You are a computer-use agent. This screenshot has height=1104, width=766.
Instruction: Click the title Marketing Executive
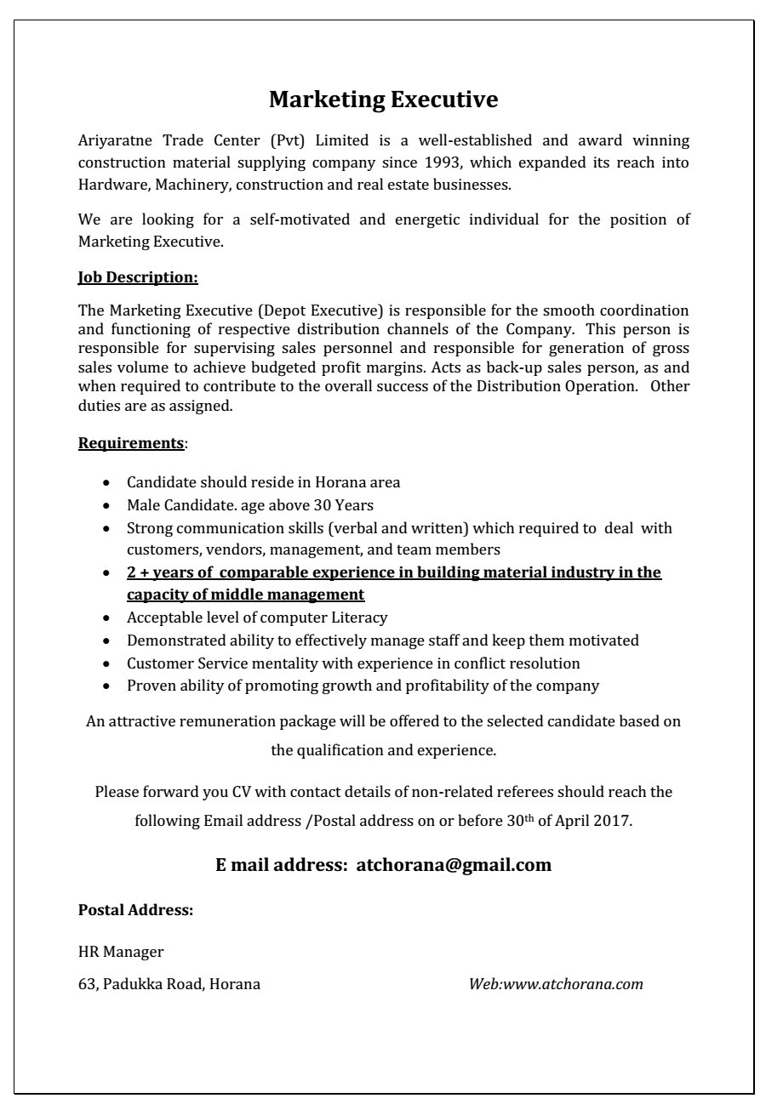click(x=383, y=100)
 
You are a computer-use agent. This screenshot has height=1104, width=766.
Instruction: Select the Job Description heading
click(x=138, y=277)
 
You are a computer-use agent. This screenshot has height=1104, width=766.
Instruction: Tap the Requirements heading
click(x=131, y=443)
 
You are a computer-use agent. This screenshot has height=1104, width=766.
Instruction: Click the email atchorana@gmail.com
click(x=454, y=865)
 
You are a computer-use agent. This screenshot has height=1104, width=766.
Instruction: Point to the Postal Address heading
click(x=136, y=910)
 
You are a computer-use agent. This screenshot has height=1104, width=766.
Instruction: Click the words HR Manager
click(x=121, y=952)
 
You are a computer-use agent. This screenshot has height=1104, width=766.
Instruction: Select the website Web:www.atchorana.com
click(x=556, y=984)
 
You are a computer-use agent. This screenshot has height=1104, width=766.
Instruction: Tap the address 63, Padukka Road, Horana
click(x=169, y=984)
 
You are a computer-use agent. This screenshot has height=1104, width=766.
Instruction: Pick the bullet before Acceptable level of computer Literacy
click(x=106, y=618)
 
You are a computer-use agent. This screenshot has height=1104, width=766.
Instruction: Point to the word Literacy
click(x=360, y=617)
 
